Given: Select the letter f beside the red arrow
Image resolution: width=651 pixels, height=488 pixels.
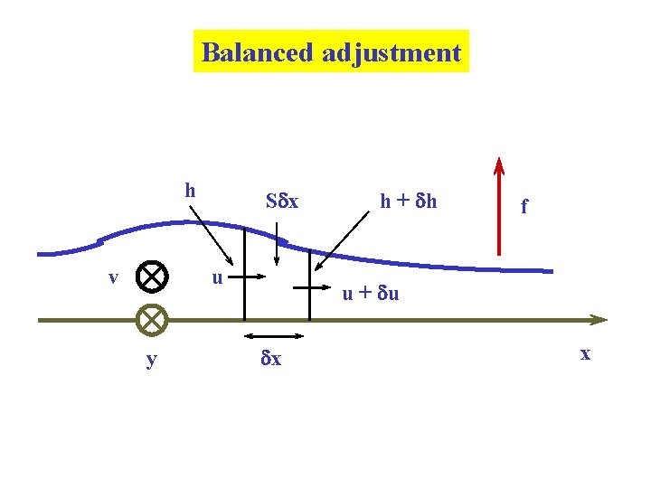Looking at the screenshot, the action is pos(524,206).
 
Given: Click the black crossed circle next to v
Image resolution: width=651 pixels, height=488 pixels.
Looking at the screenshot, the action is pos(153,277).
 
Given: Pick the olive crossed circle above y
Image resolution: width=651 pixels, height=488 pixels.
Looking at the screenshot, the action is pos(153,319).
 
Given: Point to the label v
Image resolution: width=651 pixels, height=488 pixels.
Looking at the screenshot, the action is pos(113,277).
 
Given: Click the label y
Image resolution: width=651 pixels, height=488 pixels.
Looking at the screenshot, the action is pos(151,360).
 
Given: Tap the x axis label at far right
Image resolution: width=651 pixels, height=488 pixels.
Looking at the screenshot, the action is pos(585,353).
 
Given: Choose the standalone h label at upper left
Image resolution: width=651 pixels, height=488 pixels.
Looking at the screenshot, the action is pos(190,190).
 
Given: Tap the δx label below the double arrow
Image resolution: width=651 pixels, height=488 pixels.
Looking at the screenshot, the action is pos(270,359).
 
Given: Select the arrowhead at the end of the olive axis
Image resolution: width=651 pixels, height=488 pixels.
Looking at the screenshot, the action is pos(598,319).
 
